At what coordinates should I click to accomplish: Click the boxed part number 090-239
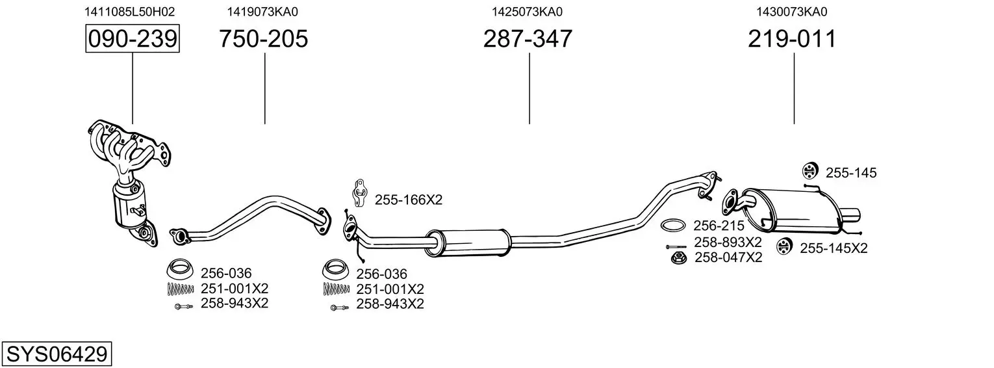click(133, 38)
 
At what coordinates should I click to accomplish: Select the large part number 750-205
click(264, 38)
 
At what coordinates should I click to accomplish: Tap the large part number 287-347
click(528, 38)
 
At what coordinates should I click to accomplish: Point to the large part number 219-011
click(792, 38)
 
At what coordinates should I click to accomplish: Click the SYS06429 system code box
click(57, 354)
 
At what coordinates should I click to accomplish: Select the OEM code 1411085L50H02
click(129, 12)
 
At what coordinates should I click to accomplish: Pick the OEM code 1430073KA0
click(792, 12)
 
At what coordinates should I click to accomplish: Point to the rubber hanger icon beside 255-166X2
click(359, 193)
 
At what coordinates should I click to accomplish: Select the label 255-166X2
click(409, 200)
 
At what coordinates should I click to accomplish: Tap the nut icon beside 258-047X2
click(678, 258)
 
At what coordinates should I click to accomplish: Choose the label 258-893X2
click(728, 243)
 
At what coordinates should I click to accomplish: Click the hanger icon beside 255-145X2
click(785, 246)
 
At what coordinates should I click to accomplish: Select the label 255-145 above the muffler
click(851, 173)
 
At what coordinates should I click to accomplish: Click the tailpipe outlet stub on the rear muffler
click(850, 215)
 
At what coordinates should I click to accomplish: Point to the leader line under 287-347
click(529, 88)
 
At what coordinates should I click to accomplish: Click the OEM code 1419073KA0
click(262, 12)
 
